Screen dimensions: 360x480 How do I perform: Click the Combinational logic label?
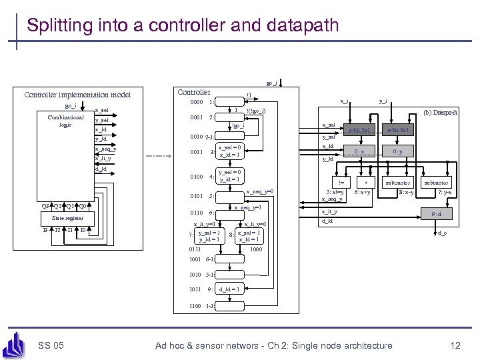click(x=65, y=121)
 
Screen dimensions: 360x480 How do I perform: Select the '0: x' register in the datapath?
click(x=359, y=151)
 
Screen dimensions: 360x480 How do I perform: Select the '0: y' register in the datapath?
click(x=397, y=151)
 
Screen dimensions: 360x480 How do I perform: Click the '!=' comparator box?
click(x=341, y=182)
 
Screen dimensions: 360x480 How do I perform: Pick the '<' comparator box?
click(x=366, y=182)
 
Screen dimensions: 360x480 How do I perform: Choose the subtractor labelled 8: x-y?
click(x=397, y=182)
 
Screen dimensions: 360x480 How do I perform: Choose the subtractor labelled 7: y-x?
click(x=437, y=182)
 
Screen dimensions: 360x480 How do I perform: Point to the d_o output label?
click(x=443, y=233)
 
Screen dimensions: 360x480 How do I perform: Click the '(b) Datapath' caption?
click(x=439, y=113)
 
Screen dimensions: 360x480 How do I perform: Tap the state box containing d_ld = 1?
click(x=229, y=290)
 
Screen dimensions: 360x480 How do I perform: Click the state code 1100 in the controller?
click(x=195, y=306)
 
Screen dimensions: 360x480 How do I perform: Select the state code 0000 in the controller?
click(x=196, y=102)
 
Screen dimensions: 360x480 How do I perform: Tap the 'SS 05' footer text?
click(x=51, y=345)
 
